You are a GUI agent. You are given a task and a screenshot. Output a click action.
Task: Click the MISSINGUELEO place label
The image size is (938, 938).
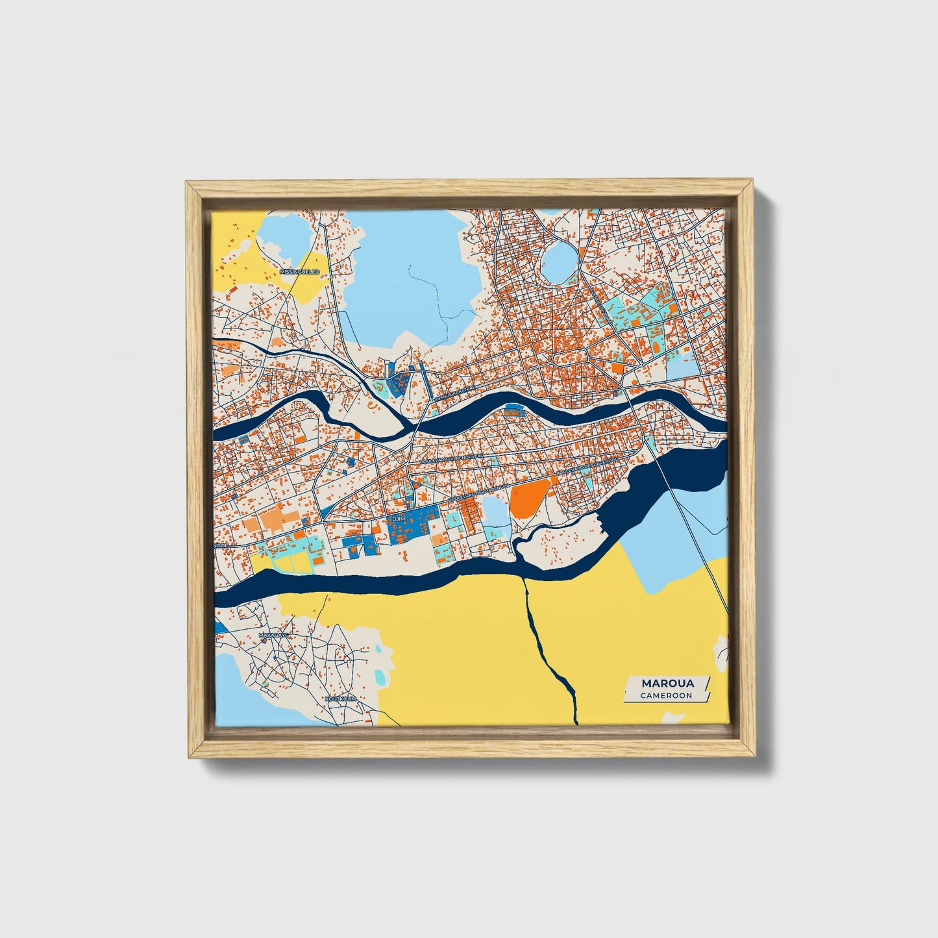pyautogui.click(x=299, y=272)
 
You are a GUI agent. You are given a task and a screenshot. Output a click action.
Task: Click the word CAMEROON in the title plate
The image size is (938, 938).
pyautogui.click(x=665, y=695)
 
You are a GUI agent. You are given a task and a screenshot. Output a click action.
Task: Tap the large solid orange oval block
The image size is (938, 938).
pyautogui.click(x=530, y=498)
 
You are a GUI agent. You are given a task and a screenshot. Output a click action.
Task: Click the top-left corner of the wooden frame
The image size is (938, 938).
pyautogui.click(x=187, y=184)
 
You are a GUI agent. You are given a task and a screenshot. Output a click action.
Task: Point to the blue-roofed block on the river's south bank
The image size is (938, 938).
pyautogui.click(x=515, y=410)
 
